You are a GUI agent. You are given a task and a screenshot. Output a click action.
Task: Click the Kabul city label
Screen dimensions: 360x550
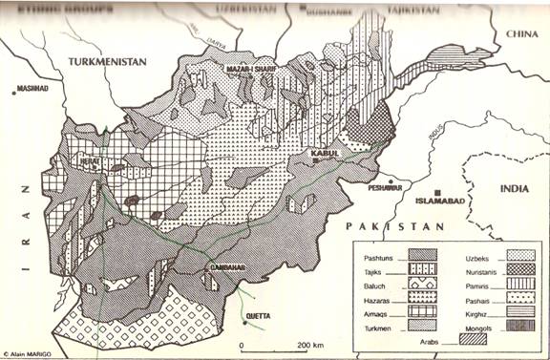click(x=318, y=151)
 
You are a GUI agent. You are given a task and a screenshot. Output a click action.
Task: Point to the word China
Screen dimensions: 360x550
click(x=522, y=33)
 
